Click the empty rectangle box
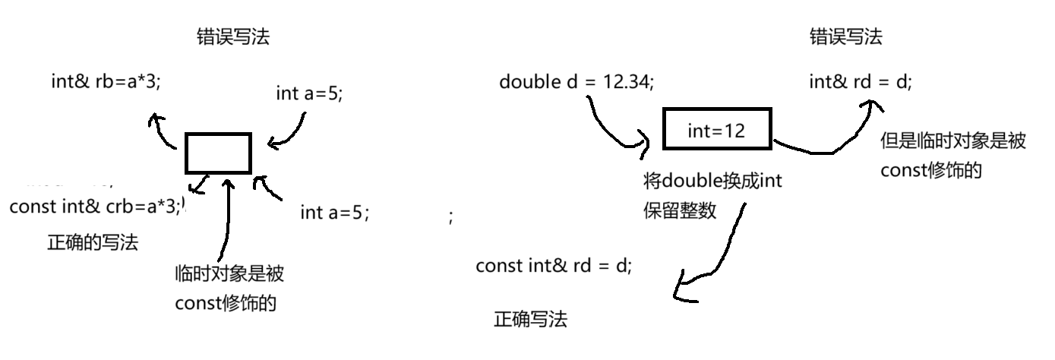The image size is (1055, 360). point(218,153)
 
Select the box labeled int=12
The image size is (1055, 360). point(716,130)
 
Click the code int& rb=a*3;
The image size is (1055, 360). point(106,82)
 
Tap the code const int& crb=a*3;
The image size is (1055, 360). point(96,207)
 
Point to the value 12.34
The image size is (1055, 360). point(627,81)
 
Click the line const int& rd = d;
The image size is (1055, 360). point(553,266)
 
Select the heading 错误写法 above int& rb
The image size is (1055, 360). point(232,38)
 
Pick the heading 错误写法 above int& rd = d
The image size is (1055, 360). point(846,37)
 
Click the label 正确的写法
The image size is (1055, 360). point(93,243)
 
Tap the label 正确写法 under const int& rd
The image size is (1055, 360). point(530,320)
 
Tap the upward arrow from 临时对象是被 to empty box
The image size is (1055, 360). point(225,220)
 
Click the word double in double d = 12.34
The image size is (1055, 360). point(530,81)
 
